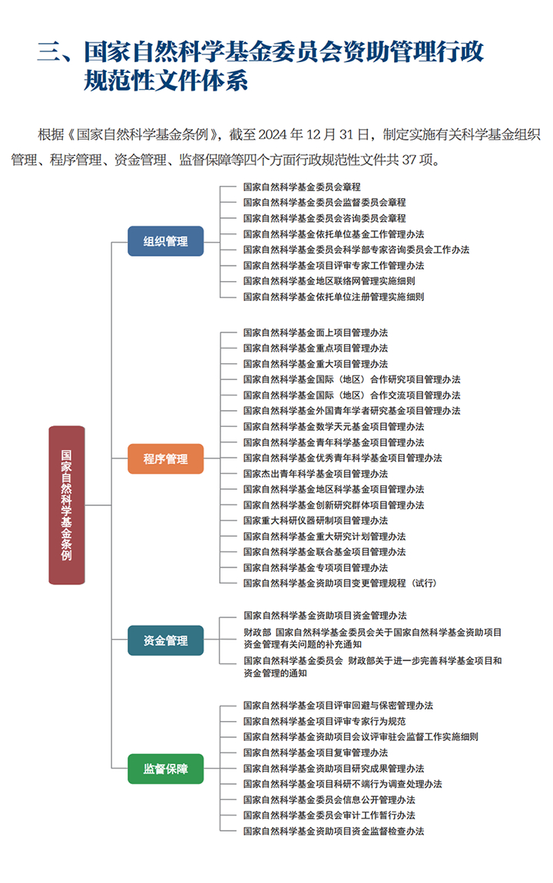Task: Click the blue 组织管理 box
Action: [166, 241]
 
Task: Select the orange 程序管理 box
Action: [166, 458]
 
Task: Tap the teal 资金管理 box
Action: [166, 640]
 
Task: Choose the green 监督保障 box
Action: [166, 769]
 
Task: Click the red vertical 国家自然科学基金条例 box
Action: [67, 505]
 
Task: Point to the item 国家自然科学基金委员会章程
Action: [302, 187]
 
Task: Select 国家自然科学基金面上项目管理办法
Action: [316, 332]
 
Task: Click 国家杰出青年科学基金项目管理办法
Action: [316, 474]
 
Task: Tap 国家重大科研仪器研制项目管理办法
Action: [316, 521]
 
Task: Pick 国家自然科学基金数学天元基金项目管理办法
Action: [333, 427]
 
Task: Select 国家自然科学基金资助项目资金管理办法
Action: [325, 616]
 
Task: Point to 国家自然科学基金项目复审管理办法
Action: [316, 753]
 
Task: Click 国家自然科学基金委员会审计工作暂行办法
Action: [329, 815]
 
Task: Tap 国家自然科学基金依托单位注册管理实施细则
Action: [333, 297]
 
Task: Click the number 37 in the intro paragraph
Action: [409, 160]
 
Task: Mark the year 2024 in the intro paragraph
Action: [273, 135]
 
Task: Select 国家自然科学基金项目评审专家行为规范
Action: [324, 722]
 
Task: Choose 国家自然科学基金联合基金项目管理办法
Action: [324, 552]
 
